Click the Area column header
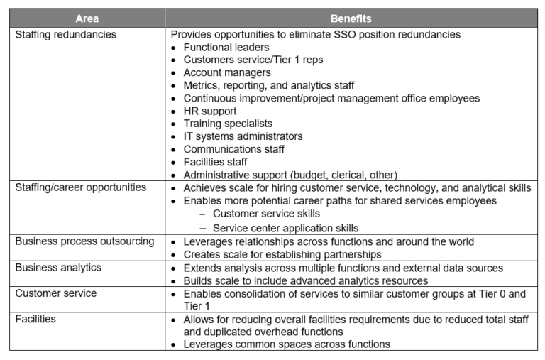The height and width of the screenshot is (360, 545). click(87, 18)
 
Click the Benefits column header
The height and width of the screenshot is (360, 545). click(351, 18)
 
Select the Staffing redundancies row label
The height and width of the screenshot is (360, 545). click(65, 35)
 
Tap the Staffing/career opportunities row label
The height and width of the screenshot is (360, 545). click(80, 187)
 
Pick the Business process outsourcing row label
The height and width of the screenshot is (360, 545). click(84, 241)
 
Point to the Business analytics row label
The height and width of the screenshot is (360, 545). click(58, 268)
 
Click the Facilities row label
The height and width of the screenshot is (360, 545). click(35, 319)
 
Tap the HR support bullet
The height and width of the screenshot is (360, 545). click(210, 111)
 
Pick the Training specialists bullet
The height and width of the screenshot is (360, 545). click(228, 124)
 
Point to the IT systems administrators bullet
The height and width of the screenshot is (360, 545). click(243, 136)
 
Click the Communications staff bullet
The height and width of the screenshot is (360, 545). click(233, 149)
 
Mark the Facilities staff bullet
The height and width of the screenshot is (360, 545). click(215, 162)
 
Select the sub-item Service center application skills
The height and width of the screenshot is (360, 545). click(285, 228)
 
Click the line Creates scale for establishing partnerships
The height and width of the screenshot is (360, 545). click(282, 254)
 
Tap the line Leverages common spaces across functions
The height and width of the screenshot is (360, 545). click(287, 344)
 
